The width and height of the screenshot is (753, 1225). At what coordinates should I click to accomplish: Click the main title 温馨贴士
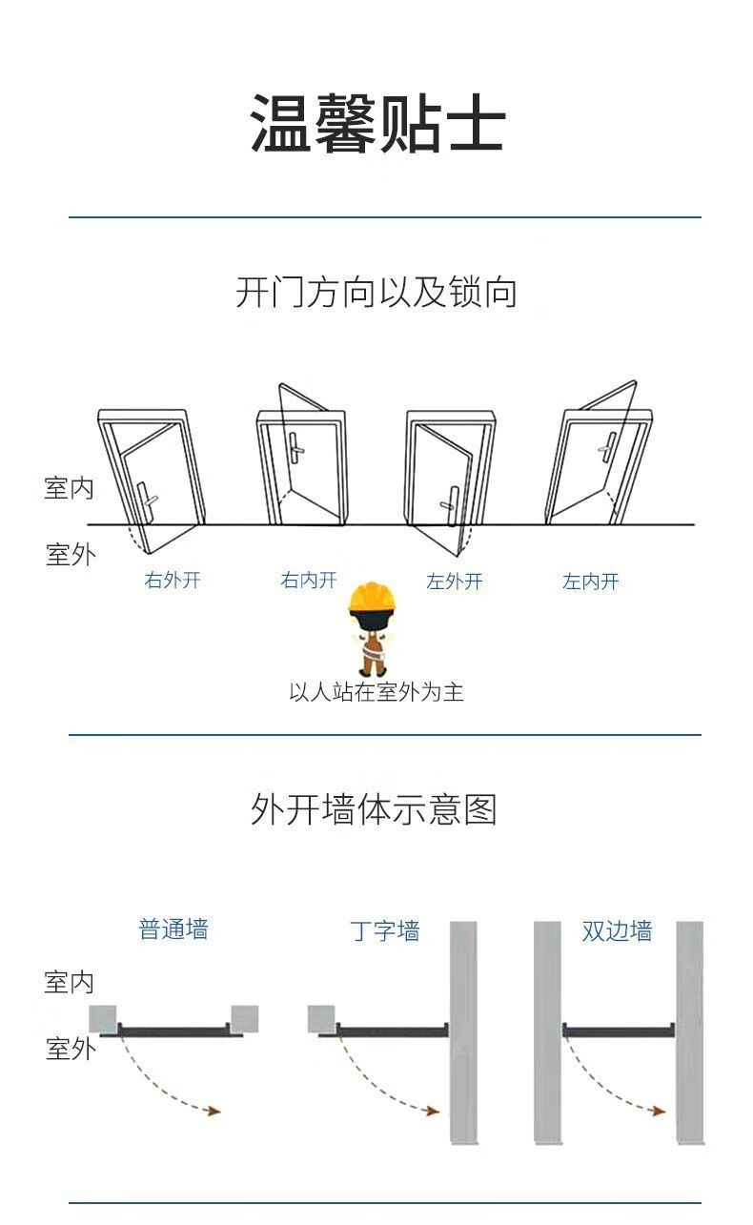click(376, 125)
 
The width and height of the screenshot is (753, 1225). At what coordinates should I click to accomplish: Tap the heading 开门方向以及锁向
click(376, 292)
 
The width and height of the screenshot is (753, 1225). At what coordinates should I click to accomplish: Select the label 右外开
click(173, 580)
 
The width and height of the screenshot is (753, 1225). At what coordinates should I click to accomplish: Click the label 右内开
click(309, 580)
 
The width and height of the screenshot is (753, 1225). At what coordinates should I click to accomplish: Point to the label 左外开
click(455, 582)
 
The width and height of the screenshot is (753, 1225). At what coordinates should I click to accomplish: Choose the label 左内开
click(591, 582)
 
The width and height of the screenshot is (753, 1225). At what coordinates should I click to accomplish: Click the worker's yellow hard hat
click(372, 599)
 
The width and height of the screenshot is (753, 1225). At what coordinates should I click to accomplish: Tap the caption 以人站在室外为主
click(376, 691)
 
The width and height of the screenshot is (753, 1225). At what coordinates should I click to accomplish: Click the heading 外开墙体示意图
click(375, 809)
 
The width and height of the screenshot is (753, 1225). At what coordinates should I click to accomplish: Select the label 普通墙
click(173, 929)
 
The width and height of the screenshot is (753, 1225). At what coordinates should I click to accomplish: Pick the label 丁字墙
click(385, 930)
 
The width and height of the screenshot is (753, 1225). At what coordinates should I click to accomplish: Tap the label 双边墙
click(617, 930)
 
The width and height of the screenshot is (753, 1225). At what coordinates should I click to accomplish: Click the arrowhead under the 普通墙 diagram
click(214, 1111)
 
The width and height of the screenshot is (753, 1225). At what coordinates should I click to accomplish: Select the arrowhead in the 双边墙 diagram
click(659, 1110)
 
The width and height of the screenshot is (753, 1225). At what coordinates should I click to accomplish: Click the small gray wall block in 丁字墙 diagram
click(321, 1018)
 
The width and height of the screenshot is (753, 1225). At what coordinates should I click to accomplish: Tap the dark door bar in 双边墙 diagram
click(619, 1031)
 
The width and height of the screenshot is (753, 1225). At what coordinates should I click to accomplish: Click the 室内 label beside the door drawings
click(70, 488)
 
